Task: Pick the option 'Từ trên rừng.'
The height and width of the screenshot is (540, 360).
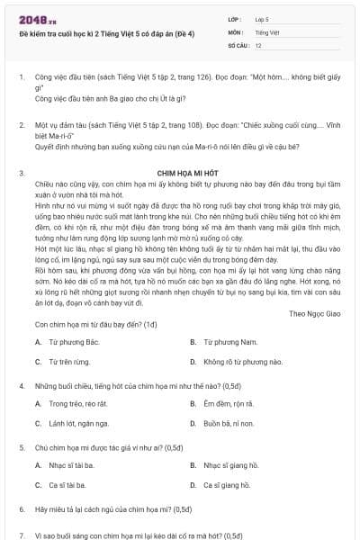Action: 73,361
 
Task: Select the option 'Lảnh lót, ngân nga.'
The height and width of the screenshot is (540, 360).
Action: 83,422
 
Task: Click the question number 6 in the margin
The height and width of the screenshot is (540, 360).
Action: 21,508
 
